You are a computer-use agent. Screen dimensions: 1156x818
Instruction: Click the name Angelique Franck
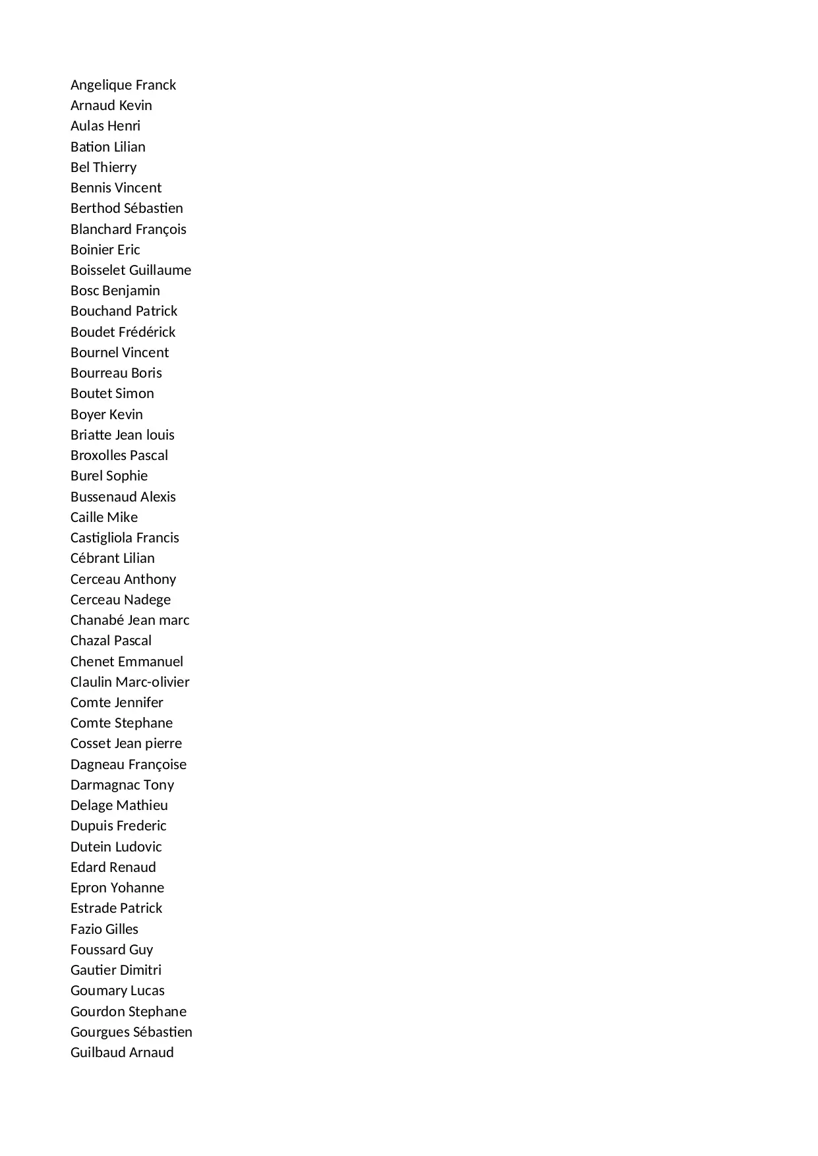point(123,85)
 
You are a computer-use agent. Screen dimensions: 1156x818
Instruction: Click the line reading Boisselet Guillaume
point(131,270)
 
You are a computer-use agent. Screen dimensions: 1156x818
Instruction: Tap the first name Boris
point(146,373)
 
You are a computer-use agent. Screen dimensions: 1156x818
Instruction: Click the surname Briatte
point(91,435)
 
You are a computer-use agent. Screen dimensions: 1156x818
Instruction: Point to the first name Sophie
point(127,476)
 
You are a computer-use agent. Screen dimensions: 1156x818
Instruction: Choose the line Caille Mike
point(104,517)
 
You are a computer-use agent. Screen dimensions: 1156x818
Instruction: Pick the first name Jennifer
point(139,703)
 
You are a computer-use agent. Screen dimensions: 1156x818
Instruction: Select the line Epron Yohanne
point(117,888)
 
